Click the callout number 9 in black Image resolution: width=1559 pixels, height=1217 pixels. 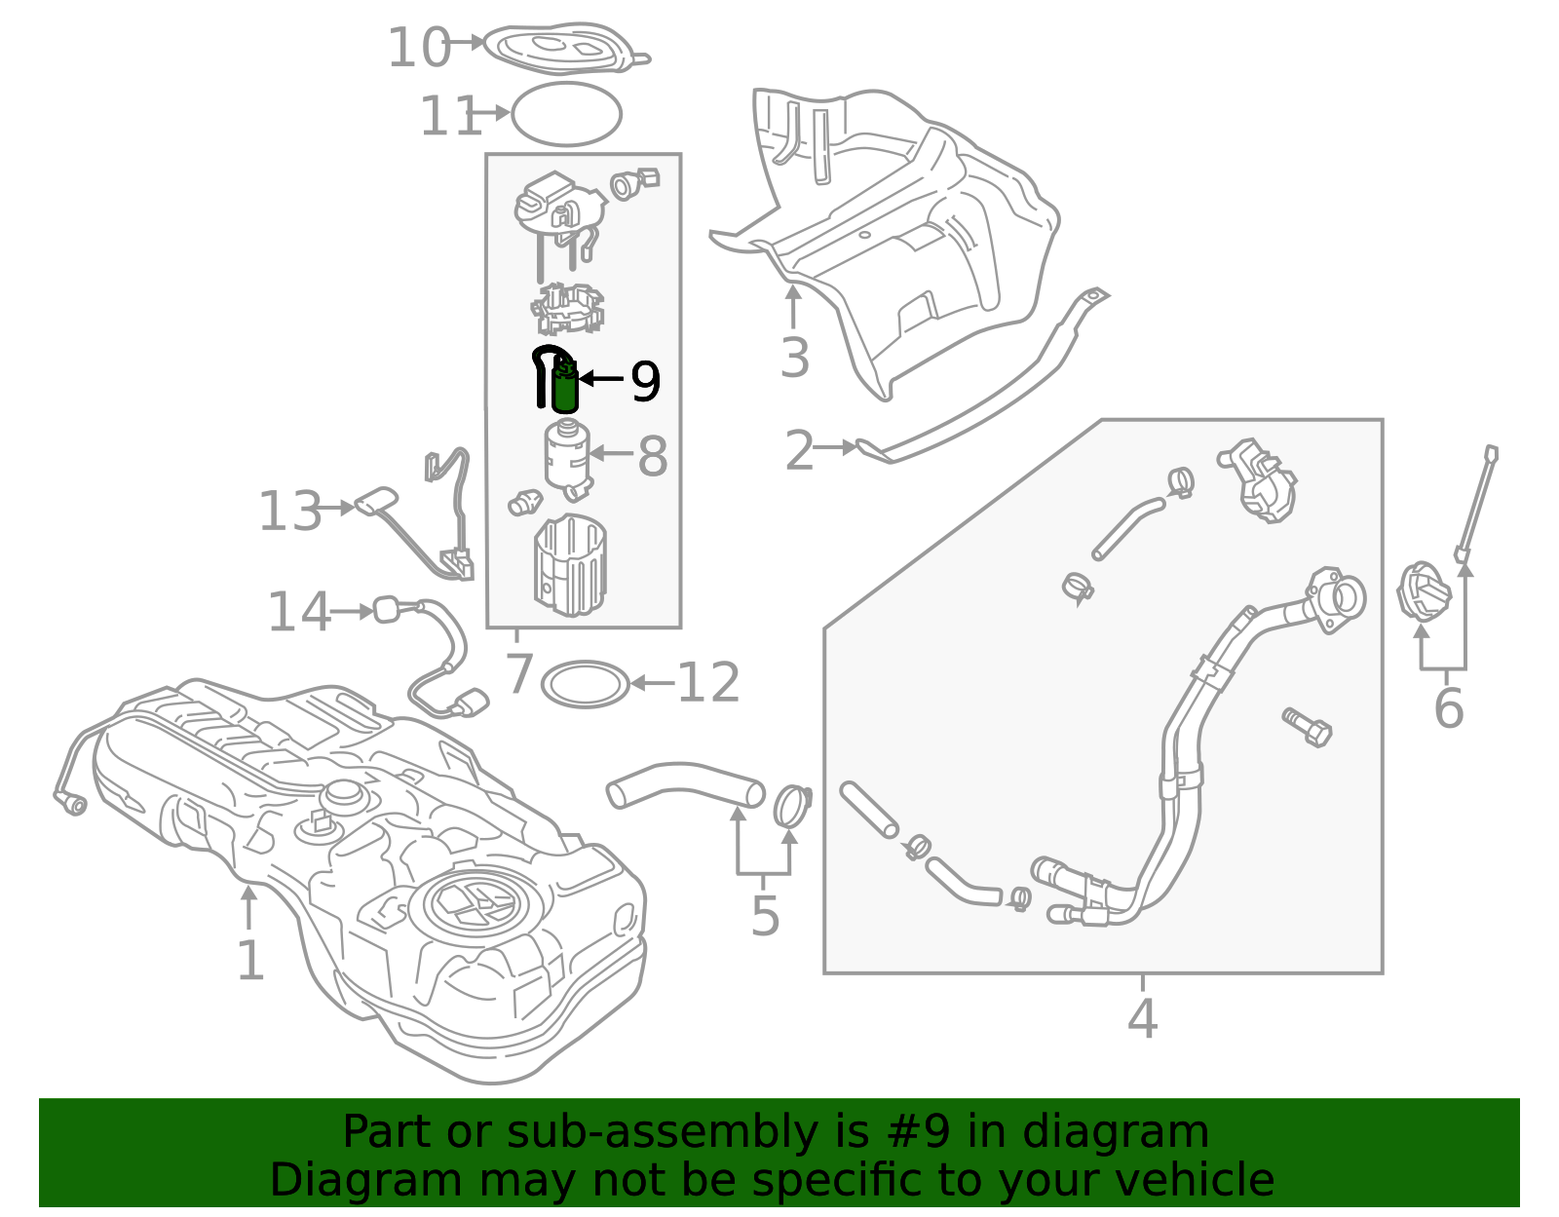645,381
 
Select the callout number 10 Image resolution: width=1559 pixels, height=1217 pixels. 419,48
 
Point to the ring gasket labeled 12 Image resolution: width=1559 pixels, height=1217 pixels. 585,684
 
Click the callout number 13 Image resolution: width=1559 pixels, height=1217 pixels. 289,512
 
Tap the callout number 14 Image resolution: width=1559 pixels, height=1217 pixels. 299,613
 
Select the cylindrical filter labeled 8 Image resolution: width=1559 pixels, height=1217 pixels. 566,455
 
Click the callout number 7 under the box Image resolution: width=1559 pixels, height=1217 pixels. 519,673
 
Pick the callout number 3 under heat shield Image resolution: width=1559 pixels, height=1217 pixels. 795,359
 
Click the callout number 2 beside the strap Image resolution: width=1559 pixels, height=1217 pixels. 799,451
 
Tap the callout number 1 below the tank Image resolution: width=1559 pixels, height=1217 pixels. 250,962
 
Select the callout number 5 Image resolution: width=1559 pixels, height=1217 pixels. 765,917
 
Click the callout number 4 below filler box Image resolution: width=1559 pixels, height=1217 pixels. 1142,1019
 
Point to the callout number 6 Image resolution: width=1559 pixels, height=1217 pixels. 1448,708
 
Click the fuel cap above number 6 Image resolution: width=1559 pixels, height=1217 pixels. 1425,592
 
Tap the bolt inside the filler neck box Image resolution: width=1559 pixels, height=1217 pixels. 1308,727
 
